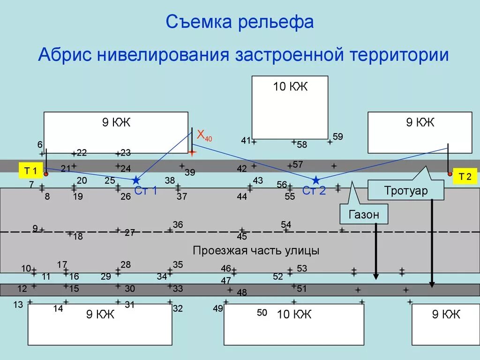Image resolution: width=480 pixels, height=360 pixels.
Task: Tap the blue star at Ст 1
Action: (x=136, y=180)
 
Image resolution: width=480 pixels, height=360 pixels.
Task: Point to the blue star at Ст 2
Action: (x=316, y=180)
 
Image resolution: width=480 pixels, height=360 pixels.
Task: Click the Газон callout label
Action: (x=363, y=215)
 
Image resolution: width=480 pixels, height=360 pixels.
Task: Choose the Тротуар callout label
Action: (x=406, y=191)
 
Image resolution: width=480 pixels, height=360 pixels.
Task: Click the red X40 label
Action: (x=204, y=135)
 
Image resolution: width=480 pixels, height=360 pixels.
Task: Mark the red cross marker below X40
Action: (x=192, y=152)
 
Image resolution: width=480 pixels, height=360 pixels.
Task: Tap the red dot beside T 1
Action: (x=46, y=174)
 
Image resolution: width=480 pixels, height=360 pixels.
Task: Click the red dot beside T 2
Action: (x=450, y=174)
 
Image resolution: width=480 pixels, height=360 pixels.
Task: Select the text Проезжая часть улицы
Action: (x=256, y=250)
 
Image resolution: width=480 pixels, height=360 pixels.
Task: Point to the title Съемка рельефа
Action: (x=240, y=22)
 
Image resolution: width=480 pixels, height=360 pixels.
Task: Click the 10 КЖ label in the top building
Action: (x=290, y=87)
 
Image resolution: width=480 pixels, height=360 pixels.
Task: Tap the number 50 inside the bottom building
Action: (x=262, y=313)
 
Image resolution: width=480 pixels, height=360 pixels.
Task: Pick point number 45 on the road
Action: (x=242, y=236)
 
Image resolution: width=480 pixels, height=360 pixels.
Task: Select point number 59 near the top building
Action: (x=337, y=137)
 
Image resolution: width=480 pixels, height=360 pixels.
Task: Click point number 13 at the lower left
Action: (x=18, y=305)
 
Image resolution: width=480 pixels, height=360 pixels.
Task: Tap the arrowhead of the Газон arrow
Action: (x=376, y=277)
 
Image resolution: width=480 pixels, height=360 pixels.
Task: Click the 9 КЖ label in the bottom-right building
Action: (x=446, y=315)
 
